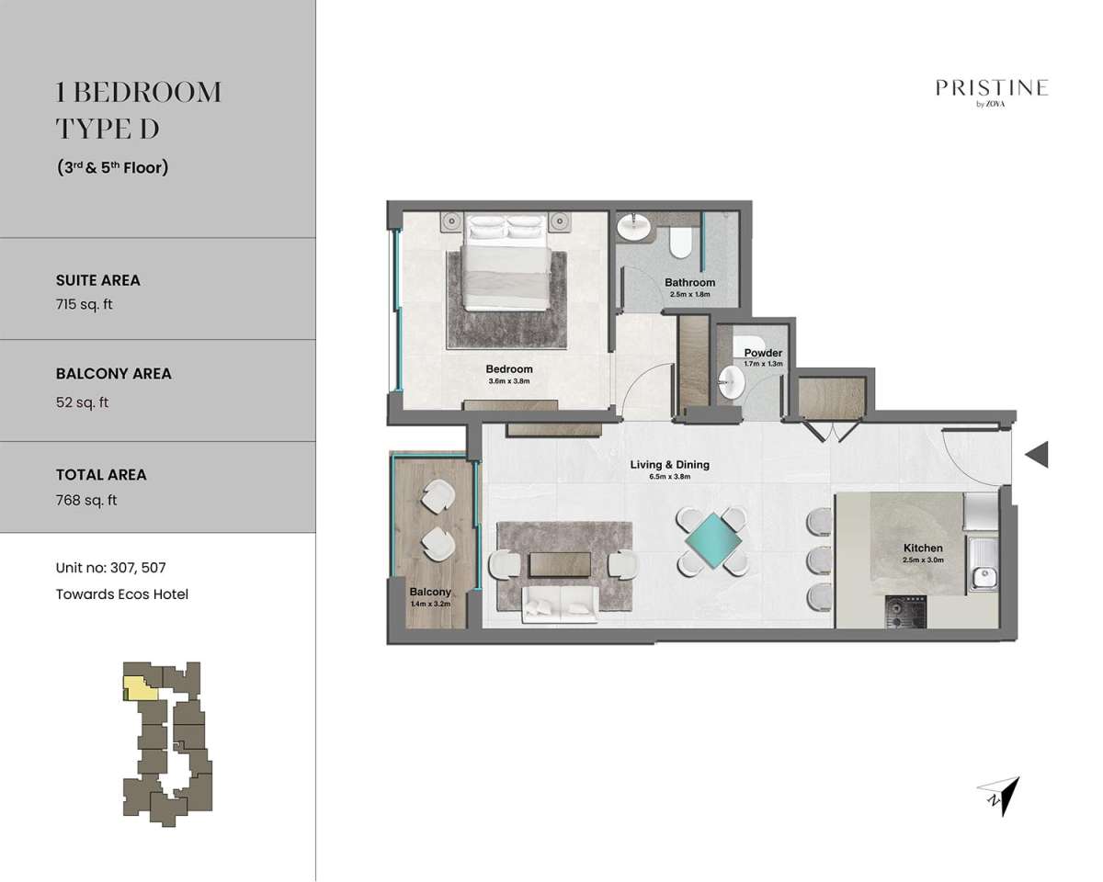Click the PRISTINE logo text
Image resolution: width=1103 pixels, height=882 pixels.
991,88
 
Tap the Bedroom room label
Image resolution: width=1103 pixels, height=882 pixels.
509,369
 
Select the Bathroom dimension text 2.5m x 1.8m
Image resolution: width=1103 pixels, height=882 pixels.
690,295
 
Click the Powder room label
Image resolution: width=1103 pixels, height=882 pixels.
763,353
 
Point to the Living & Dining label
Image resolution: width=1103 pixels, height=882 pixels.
670,465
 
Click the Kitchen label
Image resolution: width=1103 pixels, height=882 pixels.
923,548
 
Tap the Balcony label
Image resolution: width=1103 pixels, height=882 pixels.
430,592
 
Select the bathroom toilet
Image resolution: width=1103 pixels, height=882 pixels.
681,243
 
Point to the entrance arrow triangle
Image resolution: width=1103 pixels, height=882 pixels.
1037,455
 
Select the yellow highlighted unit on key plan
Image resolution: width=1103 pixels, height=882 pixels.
141,688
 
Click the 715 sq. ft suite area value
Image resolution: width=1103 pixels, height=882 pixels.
84,304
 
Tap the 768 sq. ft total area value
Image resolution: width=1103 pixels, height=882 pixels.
86,500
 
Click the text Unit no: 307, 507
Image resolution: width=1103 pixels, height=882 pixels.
110,568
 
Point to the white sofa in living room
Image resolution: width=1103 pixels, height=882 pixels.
560,605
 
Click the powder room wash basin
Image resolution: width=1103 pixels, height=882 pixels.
732,382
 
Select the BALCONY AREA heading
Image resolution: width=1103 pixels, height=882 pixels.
114,374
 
